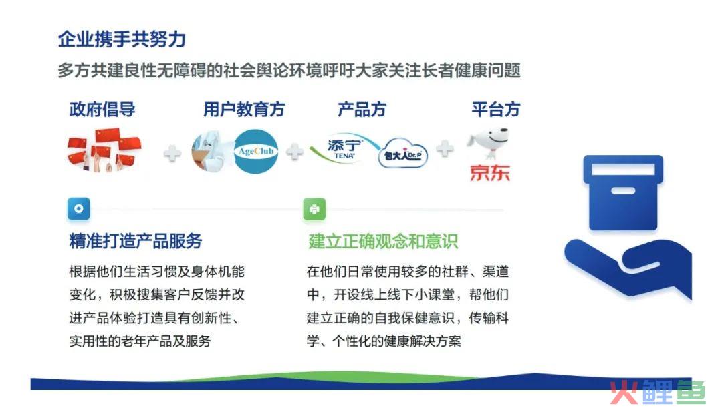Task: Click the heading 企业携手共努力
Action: pos(122,39)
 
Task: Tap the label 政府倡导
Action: pos(102,110)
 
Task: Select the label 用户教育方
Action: pos(244,110)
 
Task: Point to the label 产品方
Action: pos(362,110)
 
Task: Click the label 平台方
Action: pos(496,110)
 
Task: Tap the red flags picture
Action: pos(104,150)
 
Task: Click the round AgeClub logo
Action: pos(256,152)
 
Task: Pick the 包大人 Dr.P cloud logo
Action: pos(403,153)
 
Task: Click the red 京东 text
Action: pos(490,173)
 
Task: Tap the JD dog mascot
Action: pos(488,144)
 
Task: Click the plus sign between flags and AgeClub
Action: pos(172,153)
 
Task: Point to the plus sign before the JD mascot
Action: pos(445,148)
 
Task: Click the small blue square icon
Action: pos(79,209)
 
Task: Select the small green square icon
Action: pos(314,209)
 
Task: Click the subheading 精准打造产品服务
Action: pos(135,241)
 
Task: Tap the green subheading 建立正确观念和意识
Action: pos(383,242)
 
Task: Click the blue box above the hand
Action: pos(623,192)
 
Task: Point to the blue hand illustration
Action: pos(628,269)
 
